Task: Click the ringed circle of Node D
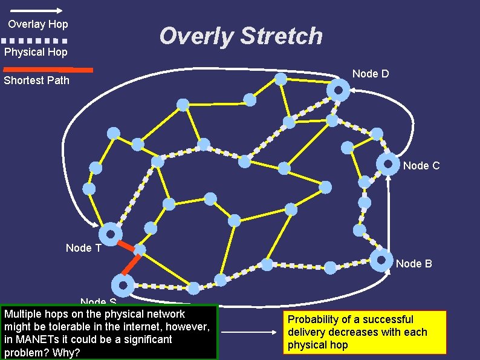[338, 91]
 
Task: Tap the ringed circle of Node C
[388, 163]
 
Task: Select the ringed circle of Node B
[381, 260]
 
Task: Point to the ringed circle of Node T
[111, 234]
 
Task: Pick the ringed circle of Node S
[123, 285]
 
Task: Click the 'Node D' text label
[371, 74]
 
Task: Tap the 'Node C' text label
[421, 165]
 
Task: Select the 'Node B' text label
[414, 263]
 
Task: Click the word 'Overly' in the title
[196, 36]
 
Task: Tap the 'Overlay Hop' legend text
[38, 24]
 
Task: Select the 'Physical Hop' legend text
[36, 52]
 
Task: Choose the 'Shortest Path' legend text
[37, 80]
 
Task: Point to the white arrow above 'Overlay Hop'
[36, 10]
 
